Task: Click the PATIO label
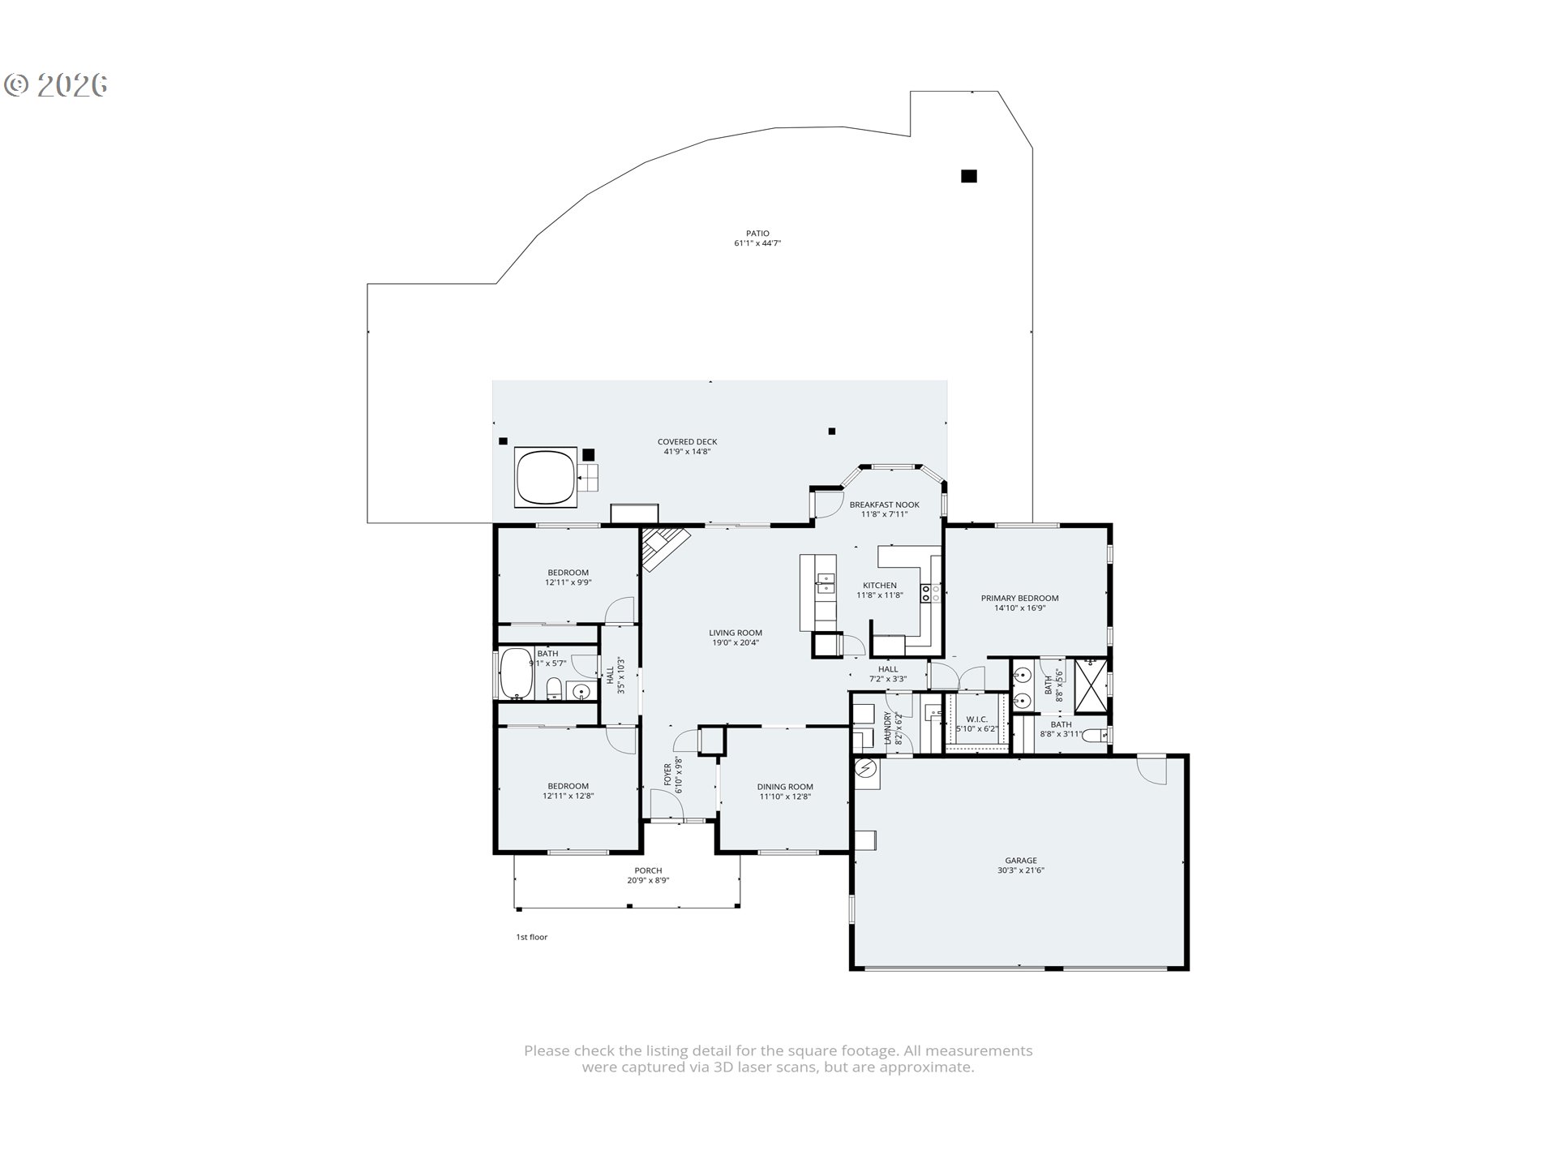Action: pyautogui.click(x=757, y=234)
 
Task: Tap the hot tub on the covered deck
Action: pyautogui.click(x=546, y=477)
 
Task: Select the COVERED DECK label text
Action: pyautogui.click(x=687, y=442)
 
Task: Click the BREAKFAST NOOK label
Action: pyautogui.click(x=884, y=505)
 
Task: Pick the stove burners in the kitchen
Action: pyautogui.click(x=929, y=592)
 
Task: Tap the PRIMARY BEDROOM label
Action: pyautogui.click(x=1019, y=598)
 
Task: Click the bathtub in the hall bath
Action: pyautogui.click(x=516, y=673)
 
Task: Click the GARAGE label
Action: pyautogui.click(x=1020, y=861)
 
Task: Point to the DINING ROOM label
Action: pyautogui.click(x=785, y=787)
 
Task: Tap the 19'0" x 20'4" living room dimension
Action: pyautogui.click(x=736, y=642)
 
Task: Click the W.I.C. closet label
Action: pyautogui.click(x=976, y=719)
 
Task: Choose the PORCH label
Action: pyautogui.click(x=648, y=870)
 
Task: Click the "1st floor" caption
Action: pyautogui.click(x=532, y=937)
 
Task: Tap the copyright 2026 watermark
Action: pyautogui.click(x=56, y=84)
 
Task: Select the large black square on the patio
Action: pyautogui.click(x=968, y=176)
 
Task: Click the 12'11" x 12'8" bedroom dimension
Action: pyautogui.click(x=568, y=796)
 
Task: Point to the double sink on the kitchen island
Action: pyautogui.click(x=826, y=584)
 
